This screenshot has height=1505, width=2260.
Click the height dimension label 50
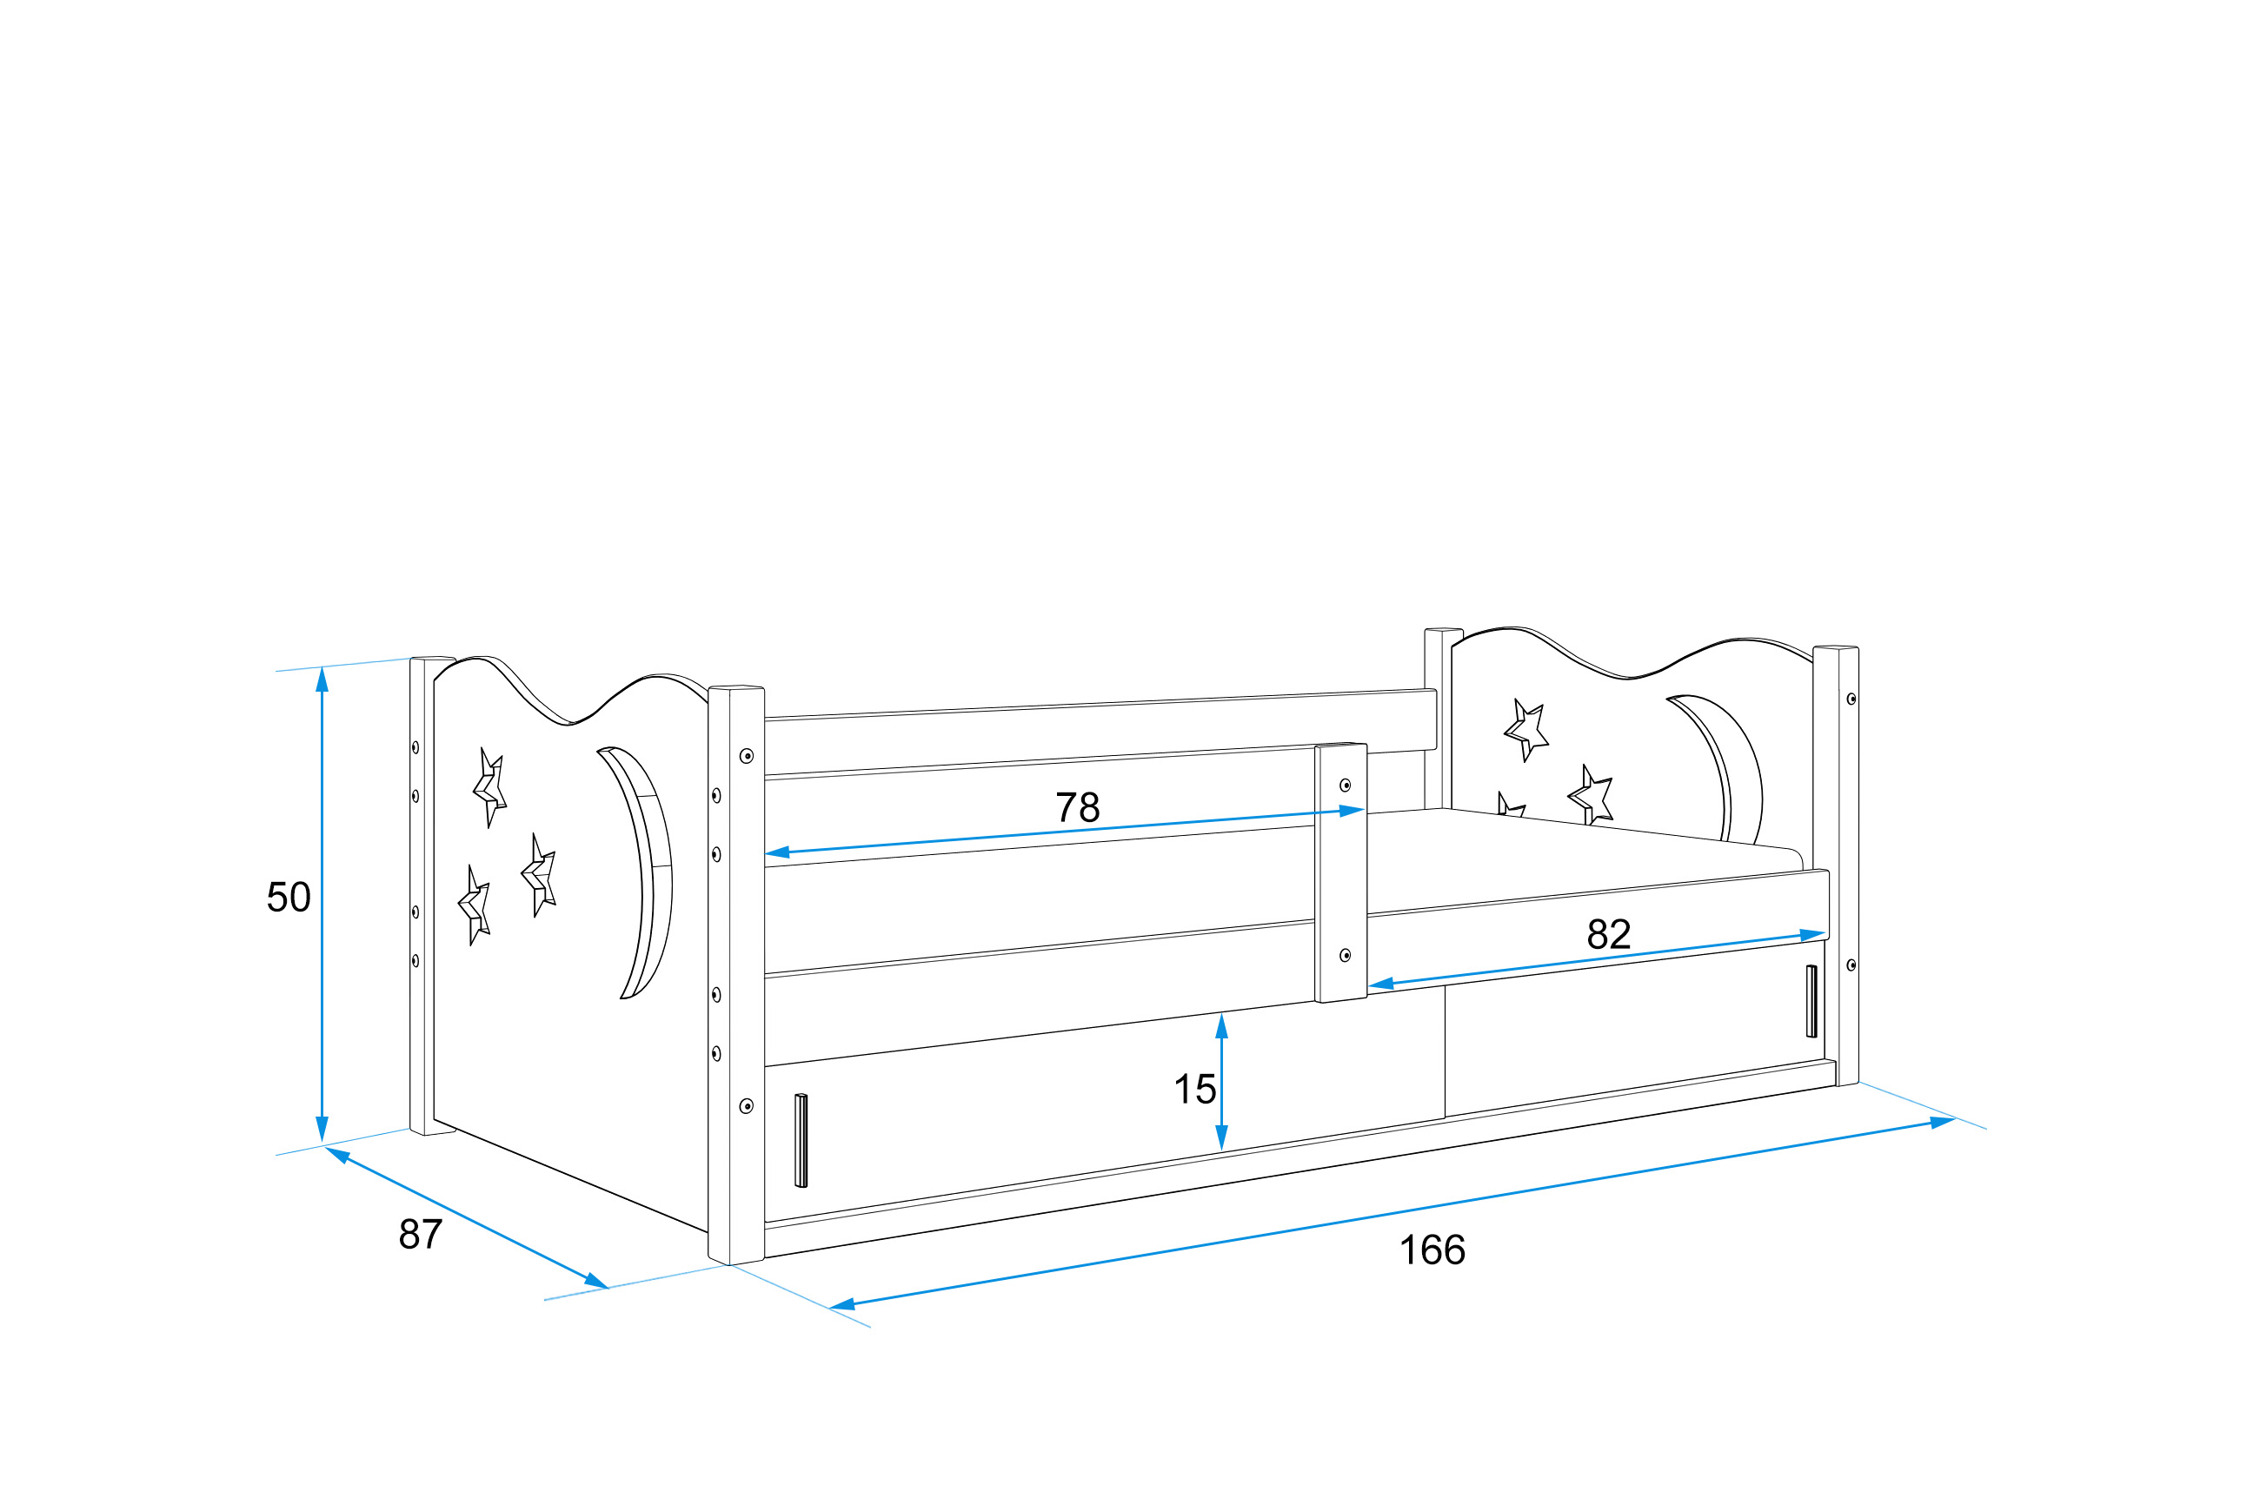point(288,897)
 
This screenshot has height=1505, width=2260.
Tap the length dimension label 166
point(1432,1250)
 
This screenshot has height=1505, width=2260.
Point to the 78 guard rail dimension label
point(1077,807)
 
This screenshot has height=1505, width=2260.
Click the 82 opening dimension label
point(1608,934)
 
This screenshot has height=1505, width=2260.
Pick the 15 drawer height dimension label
point(1194,1090)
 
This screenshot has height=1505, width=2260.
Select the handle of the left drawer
point(801,1140)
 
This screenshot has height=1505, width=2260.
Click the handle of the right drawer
point(1811,1001)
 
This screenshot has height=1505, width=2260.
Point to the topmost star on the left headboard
point(489,787)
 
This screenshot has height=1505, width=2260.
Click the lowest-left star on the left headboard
point(475,905)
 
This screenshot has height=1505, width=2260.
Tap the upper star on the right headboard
point(1525,729)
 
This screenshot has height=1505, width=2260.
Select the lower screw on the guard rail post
point(1345,955)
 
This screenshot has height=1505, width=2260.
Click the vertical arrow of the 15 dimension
point(1221,1082)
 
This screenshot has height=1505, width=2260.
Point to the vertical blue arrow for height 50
point(322,905)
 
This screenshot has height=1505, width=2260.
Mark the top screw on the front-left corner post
point(746,756)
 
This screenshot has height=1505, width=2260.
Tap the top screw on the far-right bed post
point(1851,699)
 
